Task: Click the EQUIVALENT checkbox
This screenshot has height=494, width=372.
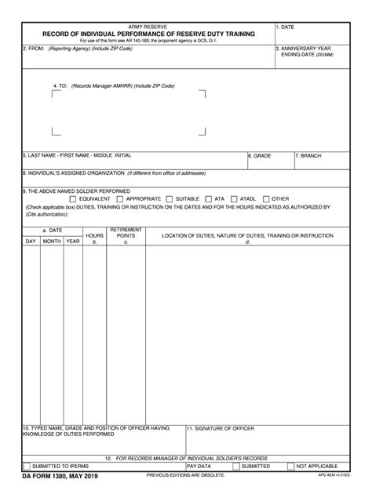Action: point(71,198)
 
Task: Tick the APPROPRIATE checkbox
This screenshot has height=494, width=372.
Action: point(119,198)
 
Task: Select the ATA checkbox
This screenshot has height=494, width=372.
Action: point(208,198)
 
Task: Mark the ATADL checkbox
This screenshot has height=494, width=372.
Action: point(233,198)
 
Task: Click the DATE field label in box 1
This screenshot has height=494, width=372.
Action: point(286,27)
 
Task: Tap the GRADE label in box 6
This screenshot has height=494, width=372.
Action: point(260,156)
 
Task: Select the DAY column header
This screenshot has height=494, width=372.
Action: point(31,242)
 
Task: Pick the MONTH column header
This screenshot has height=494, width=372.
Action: point(52,242)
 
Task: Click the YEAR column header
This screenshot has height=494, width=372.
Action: point(73,242)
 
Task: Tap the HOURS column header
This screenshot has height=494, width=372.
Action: point(94,235)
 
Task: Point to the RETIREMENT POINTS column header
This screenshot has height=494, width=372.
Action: point(126,232)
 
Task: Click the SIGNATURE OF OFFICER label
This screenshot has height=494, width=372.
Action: point(220,429)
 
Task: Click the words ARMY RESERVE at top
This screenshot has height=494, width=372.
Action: point(149,26)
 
